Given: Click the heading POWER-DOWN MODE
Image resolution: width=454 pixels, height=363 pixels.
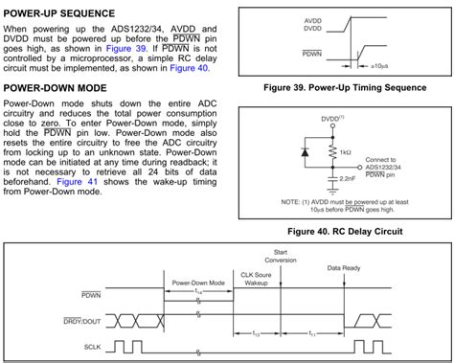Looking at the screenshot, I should click(x=55, y=88).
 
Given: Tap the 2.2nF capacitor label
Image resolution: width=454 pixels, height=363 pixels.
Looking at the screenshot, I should click(x=347, y=178).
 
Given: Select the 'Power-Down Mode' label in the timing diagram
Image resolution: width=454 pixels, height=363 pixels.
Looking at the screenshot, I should click(x=199, y=283).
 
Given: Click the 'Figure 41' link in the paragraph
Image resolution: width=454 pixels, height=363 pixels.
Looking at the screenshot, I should click(x=77, y=181).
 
